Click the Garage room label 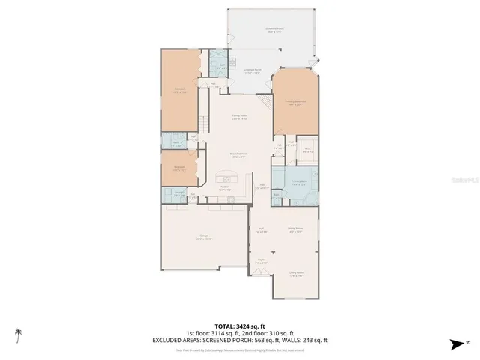(204, 237)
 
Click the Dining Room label (295, 230)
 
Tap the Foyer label (260, 262)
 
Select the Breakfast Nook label (239, 156)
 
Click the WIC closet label (307, 150)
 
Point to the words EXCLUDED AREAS (197, 338)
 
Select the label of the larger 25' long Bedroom (181, 89)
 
